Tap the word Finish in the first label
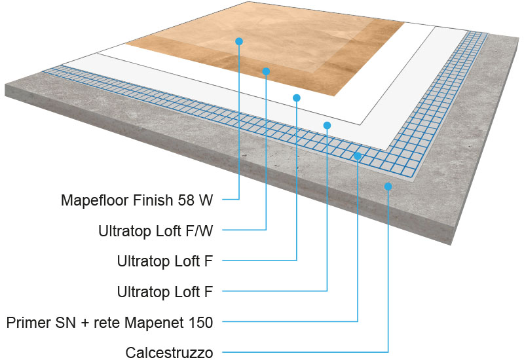155,200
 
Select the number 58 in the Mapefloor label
187,200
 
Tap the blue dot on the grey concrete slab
388,187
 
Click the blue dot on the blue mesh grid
358,156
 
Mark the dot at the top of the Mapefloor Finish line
239,41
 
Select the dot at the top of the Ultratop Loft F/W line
266,71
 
